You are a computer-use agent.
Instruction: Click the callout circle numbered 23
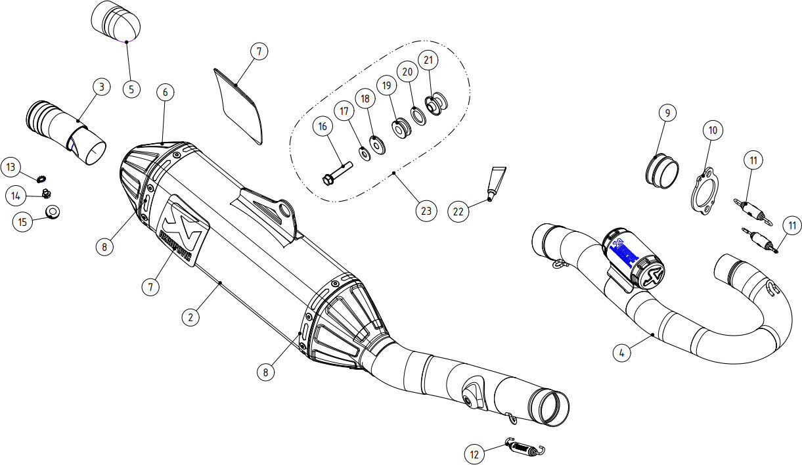coord(426,211)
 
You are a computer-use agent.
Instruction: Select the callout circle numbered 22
coord(458,211)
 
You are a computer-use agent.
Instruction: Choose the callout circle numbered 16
coord(323,127)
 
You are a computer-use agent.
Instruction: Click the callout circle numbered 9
coord(667,113)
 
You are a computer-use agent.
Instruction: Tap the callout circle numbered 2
coord(190,317)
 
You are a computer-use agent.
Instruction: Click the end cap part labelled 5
coord(116,20)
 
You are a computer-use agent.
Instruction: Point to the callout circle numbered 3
coord(100,86)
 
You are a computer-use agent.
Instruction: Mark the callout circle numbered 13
coord(11,167)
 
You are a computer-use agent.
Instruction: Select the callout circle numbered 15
coord(23,222)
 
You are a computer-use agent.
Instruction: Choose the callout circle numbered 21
coord(428,61)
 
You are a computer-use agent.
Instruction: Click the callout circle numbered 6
coord(165,93)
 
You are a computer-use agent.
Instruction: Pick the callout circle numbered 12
coord(475,453)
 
